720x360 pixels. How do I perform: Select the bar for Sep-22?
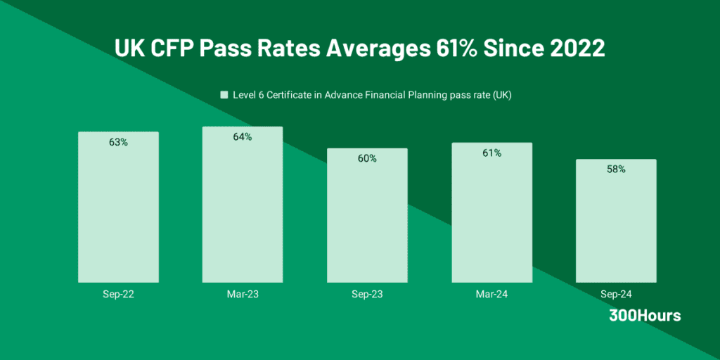(x=118, y=211)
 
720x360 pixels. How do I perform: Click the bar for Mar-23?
(x=243, y=211)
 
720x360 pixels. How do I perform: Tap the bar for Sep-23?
(x=367, y=218)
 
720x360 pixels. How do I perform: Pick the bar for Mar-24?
(x=491, y=214)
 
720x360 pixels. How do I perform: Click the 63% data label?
(x=118, y=142)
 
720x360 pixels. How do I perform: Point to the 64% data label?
(x=243, y=137)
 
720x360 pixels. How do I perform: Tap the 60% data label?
(x=367, y=159)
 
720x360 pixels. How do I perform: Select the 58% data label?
(x=616, y=169)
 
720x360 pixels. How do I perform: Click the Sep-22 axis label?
(x=118, y=294)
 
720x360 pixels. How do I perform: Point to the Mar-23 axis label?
(x=243, y=294)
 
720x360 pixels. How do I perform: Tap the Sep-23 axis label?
(x=367, y=294)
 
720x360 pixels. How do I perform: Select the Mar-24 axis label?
(x=491, y=294)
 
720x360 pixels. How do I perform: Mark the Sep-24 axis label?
(x=616, y=294)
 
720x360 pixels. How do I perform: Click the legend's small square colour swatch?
(x=224, y=95)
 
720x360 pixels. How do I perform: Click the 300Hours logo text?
(x=645, y=316)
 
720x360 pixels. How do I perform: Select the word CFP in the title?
(x=166, y=49)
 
